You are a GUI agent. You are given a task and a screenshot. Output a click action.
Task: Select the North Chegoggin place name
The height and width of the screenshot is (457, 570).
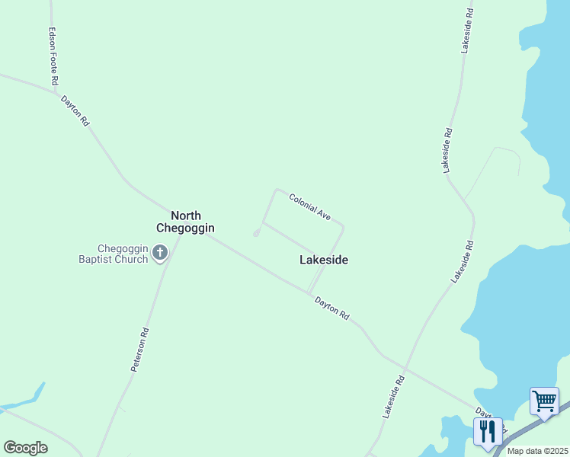coord(185,222)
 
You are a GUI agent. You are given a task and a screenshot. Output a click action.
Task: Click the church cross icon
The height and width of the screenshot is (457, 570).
coord(159,253)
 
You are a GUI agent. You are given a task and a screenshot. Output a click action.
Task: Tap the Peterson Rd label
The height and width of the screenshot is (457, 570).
coord(139,350)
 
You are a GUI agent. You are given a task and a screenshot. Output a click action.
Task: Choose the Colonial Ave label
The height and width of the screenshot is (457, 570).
coord(309,207)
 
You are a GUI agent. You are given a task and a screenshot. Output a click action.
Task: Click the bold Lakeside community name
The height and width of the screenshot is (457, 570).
coord(324,260)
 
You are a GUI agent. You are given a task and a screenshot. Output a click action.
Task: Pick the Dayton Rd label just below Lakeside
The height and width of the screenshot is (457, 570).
coord(332,308)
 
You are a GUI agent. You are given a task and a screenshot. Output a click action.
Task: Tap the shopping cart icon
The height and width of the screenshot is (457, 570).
coord(544,401)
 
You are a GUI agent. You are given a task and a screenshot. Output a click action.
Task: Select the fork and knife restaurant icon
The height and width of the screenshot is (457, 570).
coord(488,431)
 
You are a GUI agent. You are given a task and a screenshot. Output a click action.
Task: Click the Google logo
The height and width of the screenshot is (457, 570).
coord(25,448)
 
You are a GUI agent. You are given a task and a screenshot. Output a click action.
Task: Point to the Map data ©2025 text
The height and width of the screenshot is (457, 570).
coord(537,451)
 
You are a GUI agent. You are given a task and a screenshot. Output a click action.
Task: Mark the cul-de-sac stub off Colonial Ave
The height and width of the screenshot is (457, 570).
coord(256,233)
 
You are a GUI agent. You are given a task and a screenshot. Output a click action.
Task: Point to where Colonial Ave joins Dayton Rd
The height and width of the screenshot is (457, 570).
coord(308,291)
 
